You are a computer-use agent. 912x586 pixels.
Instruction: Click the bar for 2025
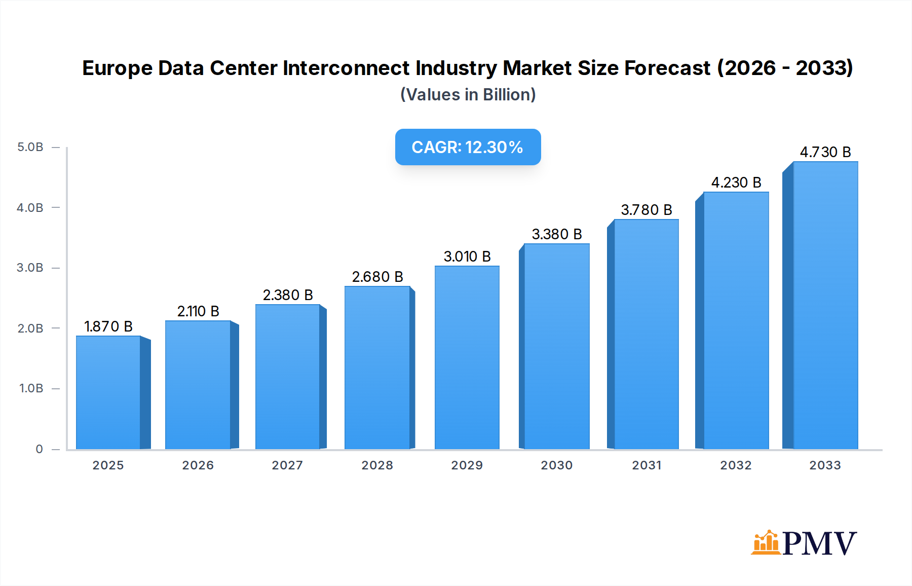[x=108, y=392]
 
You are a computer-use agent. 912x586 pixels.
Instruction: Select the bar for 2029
[x=467, y=357]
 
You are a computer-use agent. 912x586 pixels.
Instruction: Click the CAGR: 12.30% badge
[x=468, y=147]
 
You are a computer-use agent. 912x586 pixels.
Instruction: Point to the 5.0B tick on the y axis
[x=30, y=147]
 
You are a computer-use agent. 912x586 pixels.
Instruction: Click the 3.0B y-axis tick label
[x=30, y=268]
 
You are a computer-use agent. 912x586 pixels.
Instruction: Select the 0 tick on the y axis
[x=39, y=449]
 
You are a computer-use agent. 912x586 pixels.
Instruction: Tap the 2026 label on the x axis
[x=198, y=465]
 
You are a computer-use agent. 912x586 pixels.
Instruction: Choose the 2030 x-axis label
[x=556, y=465]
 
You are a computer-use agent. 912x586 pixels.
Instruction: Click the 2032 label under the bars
[x=736, y=465]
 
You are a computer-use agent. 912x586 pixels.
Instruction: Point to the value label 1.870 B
[x=108, y=326]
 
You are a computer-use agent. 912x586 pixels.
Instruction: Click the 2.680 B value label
[x=377, y=277]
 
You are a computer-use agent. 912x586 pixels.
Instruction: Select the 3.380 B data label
[x=557, y=234]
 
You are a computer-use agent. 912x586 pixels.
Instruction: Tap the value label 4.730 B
[x=825, y=152]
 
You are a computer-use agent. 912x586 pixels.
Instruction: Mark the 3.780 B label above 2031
[x=647, y=210]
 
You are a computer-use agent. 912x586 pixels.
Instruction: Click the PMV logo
[x=804, y=543]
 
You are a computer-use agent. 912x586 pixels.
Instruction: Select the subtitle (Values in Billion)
[x=468, y=95]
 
